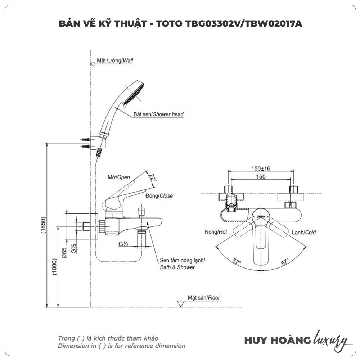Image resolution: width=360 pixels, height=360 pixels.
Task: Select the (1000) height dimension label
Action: point(54,267)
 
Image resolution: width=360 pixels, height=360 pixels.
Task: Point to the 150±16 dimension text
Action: point(261,168)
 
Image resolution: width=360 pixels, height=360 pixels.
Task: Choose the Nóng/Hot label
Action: point(216,232)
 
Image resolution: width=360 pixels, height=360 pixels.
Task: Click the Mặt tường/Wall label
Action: point(115,61)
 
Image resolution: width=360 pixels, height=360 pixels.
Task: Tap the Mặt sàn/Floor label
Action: point(204,298)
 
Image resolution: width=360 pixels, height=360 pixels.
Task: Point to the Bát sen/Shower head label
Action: point(158,114)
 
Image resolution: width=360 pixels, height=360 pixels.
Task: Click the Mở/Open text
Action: point(119,177)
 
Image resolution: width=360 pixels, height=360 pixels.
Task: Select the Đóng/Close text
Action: point(159,196)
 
